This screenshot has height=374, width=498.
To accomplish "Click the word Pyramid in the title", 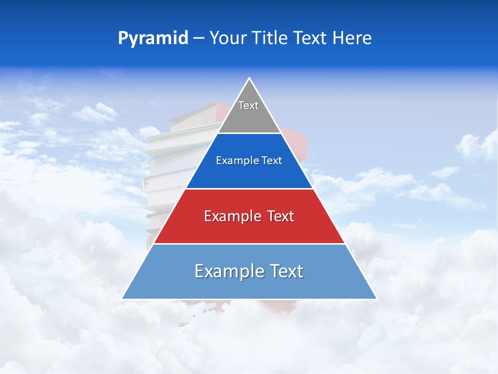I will tap(153, 38).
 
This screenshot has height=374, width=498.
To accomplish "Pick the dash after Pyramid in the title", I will tap(199, 38).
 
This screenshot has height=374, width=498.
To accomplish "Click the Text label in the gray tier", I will tap(248, 105).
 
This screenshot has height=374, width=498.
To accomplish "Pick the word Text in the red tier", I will tap(281, 216).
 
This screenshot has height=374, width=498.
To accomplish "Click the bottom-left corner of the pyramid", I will tap(122, 299).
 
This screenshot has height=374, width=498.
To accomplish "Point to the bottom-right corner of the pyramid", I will tap(377, 299).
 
